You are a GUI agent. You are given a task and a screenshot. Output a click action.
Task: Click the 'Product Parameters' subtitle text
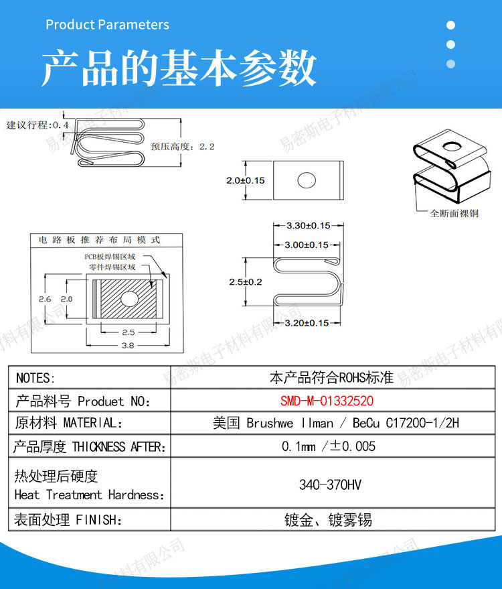click(107, 25)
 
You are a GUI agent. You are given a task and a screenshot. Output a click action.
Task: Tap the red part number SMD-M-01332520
click(327, 401)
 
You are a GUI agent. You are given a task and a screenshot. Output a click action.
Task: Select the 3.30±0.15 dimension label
click(309, 225)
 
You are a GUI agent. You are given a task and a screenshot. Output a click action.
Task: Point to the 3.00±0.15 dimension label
click(307, 245)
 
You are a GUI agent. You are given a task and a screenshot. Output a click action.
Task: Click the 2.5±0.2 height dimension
click(246, 281)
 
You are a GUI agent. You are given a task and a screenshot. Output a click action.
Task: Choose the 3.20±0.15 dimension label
click(307, 323)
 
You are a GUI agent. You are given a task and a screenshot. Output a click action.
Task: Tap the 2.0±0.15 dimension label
click(246, 180)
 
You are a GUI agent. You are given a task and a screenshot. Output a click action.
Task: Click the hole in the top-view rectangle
click(307, 180)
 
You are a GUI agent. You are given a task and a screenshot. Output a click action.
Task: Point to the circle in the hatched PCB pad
click(129, 299)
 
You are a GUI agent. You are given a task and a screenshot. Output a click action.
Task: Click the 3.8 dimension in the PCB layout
click(128, 345)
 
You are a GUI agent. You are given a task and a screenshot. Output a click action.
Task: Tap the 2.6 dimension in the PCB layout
click(45, 299)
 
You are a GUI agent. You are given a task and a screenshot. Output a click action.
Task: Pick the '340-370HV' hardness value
click(330, 484)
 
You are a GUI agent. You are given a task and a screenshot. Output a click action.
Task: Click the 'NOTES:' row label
click(35, 378)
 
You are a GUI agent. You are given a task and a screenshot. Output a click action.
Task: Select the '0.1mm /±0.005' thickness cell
click(329, 446)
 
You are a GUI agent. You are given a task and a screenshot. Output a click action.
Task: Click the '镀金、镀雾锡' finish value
click(328, 520)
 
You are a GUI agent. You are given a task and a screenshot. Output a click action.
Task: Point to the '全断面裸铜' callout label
click(454, 213)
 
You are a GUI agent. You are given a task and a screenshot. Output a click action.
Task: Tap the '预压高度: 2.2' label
click(183, 147)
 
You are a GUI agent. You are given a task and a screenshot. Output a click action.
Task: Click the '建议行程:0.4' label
click(37, 125)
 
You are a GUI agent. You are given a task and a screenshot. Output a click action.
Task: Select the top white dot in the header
click(450, 25)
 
